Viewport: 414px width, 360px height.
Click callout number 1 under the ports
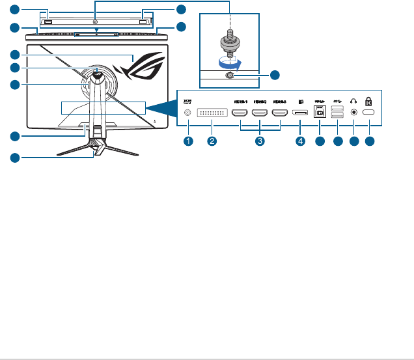tap(188, 141)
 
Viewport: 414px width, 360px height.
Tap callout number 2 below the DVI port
tap(212, 141)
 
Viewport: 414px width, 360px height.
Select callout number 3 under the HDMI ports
tap(260, 141)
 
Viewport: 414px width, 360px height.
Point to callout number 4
tap(301, 141)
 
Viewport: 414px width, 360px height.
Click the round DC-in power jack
tap(188, 113)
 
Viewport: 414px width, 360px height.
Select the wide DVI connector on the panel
tap(212, 113)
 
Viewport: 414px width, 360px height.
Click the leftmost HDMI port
tap(239, 113)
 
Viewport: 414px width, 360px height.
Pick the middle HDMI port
tap(260, 113)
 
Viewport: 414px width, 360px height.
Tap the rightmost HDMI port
tap(281, 113)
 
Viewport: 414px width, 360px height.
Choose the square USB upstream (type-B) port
tap(320, 112)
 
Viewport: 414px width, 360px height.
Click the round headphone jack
tap(353, 113)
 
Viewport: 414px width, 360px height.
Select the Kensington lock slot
tap(370, 113)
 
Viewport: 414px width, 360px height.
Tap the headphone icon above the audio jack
tap(353, 101)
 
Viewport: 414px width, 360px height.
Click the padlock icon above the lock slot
tap(370, 101)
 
